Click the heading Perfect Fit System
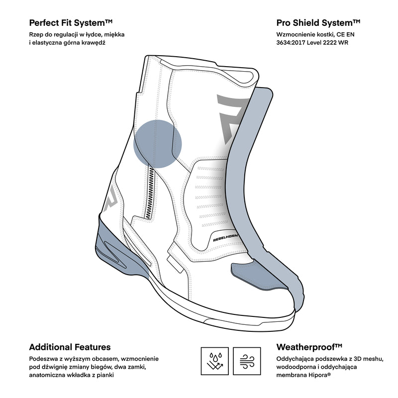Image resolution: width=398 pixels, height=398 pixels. [71, 23]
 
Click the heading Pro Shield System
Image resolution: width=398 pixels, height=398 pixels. [318, 23]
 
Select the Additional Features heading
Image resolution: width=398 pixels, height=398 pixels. [70, 347]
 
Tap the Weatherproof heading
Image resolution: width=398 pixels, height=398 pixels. [309, 347]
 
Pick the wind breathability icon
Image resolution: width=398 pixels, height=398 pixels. [247, 361]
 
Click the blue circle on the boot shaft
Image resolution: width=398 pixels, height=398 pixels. [158, 143]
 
